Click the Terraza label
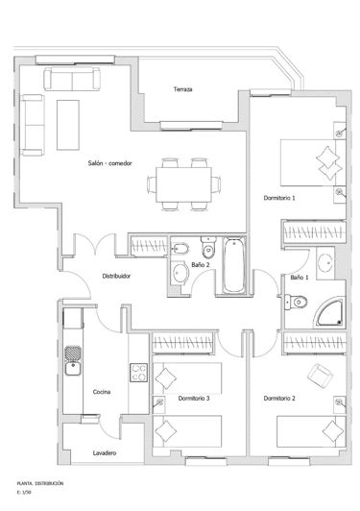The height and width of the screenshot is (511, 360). (x=183, y=90)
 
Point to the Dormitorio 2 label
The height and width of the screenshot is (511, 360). (x=278, y=398)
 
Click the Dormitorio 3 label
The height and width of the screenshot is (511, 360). (x=194, y=398)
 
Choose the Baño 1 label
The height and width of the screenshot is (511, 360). (x=299, y=278)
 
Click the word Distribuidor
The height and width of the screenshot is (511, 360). (x=116, y=276)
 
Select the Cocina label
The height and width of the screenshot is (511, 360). (x=102, y=392)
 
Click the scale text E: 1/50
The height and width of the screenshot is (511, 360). (x=26, y=493)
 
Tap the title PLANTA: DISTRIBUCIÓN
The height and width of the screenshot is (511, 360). (x=40, y=483)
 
